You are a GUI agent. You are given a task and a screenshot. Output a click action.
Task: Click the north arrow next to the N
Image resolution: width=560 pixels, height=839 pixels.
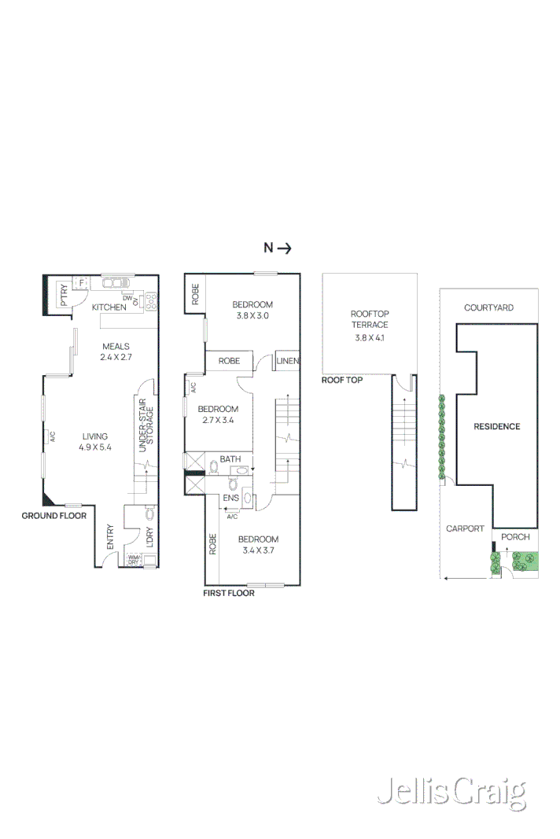pyautogui.click(x=285, y=248)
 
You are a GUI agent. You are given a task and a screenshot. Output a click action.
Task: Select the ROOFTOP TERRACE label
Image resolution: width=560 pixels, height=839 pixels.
pyautogui.click(x=370, y=319)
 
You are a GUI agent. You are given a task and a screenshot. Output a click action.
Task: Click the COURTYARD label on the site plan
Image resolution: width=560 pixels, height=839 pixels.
pyautogui.click(x=488, y=308)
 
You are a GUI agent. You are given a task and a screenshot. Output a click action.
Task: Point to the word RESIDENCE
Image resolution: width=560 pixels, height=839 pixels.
pyautogui.click(x=496, y=426)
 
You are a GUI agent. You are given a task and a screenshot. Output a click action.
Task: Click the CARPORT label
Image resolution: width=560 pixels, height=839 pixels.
pyautogui.click(x=465, y=528)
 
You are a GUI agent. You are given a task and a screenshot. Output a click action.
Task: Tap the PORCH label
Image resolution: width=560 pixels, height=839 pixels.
pyautogui.click(x=515, y=537)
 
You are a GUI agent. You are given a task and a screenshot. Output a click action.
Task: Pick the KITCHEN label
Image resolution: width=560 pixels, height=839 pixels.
pyautogui.click(x=109, y=307)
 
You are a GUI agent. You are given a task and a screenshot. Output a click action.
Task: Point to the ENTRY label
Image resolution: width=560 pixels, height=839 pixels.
pyautogui.click(x=110, y=538)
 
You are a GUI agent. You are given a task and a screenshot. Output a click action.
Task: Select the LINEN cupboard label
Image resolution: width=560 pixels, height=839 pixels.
pyautogui.click(x=289, y=362)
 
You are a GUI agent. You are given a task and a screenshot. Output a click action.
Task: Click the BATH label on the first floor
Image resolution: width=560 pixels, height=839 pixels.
pyautogui.click(x=230, y=459)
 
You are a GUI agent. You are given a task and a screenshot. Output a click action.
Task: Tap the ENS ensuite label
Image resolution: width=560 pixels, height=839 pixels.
pyautogui.click(x=230, y=498)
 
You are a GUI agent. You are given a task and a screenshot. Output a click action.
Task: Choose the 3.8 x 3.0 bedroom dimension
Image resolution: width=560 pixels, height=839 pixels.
pyautogui.click(x=252, y=316)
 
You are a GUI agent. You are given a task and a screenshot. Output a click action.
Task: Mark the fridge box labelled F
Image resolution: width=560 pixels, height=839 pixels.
pyautogui.click(x=80, y=283)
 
